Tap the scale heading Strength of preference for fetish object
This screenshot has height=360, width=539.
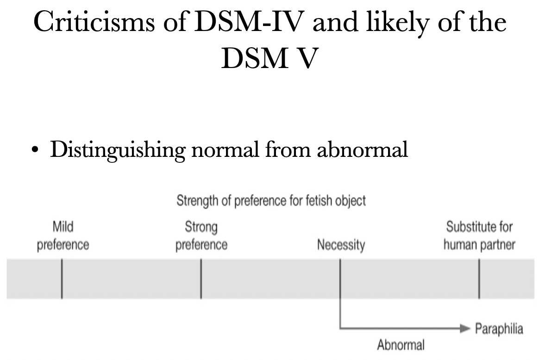tap(271, 200)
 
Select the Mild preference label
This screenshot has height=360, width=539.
tap(63, 236)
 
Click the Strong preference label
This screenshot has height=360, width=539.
tap(201, 236)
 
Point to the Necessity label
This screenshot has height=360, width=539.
tap(340, 244)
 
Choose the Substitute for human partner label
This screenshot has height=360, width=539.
tap(479, 236)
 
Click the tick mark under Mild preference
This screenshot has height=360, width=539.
tap(62, 279)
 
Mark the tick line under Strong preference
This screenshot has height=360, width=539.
tap(201, 279)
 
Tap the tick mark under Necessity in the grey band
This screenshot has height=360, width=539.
tap(340, 279)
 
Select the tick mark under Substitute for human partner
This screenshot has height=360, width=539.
tap(479, 279)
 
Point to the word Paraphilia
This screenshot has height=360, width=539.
tap(498, 329)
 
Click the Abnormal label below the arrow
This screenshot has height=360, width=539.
tap(401, 345)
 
